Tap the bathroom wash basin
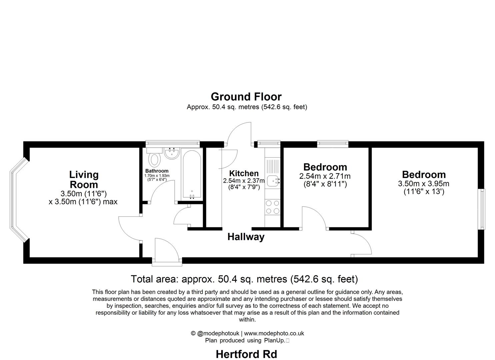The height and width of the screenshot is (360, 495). coord(172,153)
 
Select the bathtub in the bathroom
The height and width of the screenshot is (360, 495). coord(192,175)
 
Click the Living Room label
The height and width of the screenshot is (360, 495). coord(84,179)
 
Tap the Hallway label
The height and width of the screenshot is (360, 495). coord(246,237)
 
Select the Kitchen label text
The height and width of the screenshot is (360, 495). coord(244,173)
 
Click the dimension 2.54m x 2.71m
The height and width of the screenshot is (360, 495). coord(325,176)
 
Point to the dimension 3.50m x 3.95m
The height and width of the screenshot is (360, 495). coord(423,184)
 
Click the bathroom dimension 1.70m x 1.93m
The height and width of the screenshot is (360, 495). coord(157,176)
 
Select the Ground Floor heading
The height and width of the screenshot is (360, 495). coord(246,97)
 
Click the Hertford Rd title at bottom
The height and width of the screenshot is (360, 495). coord(246,354)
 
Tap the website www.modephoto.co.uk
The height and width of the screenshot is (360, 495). coord(274,333)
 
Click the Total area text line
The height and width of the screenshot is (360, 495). coord(244,279)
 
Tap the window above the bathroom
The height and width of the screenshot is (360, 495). coord(173,143)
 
